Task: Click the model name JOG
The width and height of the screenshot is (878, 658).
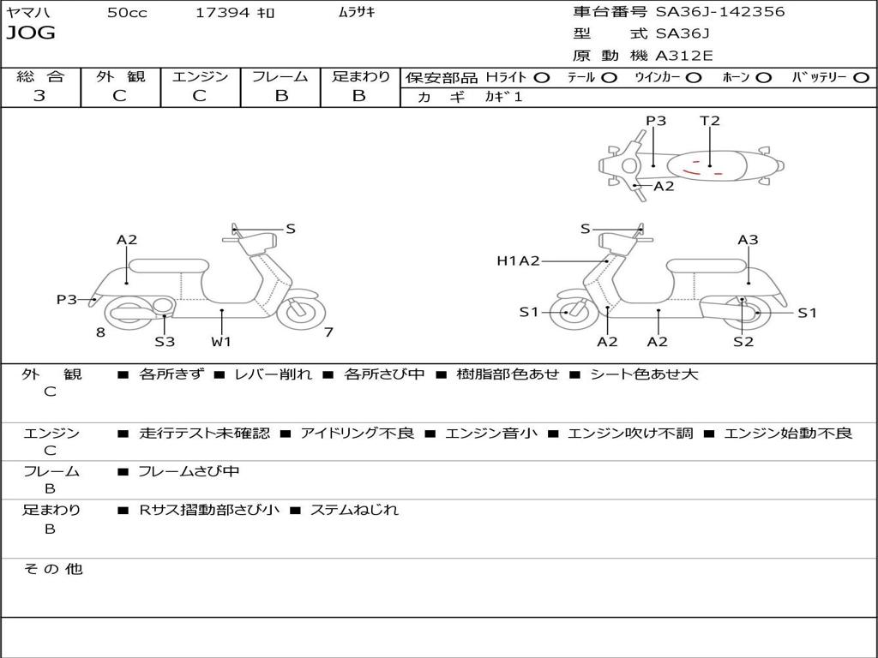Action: tap(31, 33)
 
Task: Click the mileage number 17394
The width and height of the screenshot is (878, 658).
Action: tap(223, 12)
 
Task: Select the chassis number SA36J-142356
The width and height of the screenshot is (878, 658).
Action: tap(720, 12)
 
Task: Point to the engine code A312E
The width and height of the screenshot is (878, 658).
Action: tap(683, 57)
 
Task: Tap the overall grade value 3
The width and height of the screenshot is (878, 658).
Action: tap(39, 96)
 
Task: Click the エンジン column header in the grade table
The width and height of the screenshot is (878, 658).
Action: tap(200, 76)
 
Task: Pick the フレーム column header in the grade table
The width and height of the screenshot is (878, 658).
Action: tap(280, 76)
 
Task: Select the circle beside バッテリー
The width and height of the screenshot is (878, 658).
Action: tap(862, 77)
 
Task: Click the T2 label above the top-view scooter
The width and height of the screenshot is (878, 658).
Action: tap(710, 121)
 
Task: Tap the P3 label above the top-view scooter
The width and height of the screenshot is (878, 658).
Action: tap(656, 121)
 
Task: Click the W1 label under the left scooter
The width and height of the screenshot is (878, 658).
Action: tap(222, 342)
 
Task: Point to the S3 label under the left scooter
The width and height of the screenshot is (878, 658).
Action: tap(165, 342)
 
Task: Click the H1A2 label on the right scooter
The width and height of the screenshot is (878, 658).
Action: tap(518, 260)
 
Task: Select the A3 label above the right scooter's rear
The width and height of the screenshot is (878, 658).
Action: tap(748, 240)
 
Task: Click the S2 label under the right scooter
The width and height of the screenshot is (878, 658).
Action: tap(743, 342)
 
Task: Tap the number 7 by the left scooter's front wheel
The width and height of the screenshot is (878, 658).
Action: tap(328, 332)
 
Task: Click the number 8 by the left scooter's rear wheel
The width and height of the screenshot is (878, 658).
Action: tap(100, 332)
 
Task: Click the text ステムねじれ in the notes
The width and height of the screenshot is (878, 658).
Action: tap(354, 510)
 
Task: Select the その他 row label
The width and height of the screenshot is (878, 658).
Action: tap(52, 569)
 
